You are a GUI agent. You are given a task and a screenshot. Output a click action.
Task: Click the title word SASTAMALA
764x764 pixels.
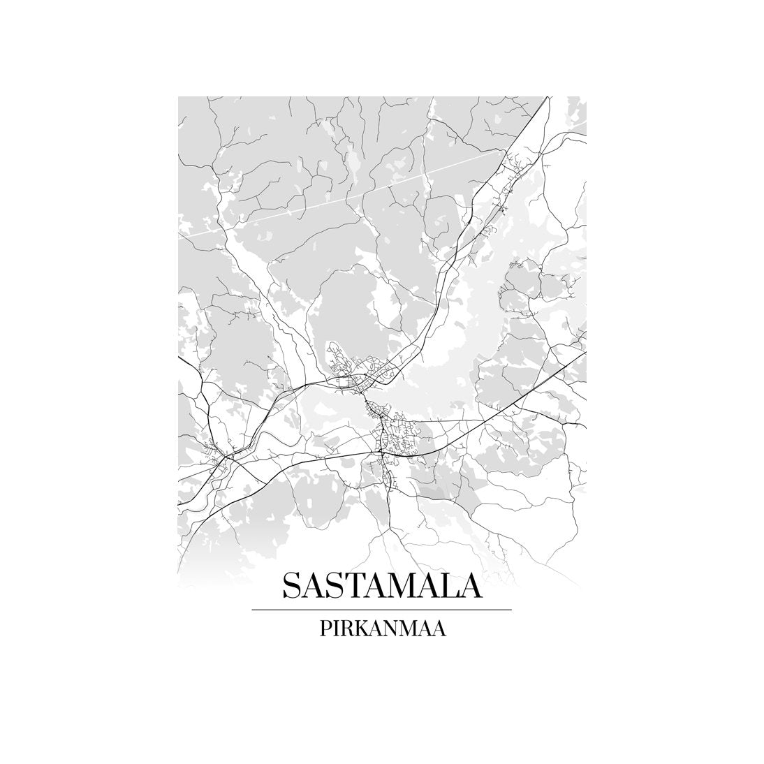tap(381, 586)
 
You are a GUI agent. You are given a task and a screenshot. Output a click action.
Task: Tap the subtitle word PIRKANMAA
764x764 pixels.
tap(382, 628)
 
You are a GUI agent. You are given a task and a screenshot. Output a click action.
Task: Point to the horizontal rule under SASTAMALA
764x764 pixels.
tap(381, 610)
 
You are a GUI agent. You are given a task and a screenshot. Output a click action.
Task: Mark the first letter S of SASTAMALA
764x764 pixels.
tap(291, 586)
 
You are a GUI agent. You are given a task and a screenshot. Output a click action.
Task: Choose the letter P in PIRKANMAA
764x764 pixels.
tap(325, 628)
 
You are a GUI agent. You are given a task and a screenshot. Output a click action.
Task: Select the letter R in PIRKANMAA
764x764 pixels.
tap(346, 628)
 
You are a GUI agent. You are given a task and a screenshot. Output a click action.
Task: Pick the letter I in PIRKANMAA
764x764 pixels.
tap(335, 628)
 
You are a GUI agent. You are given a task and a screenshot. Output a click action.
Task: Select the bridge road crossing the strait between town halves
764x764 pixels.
tap(364, 397)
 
